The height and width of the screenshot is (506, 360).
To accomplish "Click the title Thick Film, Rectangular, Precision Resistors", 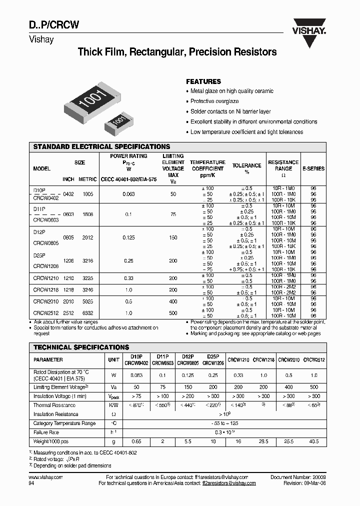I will [177, 52].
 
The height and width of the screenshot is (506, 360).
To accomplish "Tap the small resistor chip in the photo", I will [118, 122].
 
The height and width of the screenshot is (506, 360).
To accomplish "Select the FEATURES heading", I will [203, 81].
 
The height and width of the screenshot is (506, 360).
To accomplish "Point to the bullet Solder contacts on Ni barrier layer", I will [230, 111].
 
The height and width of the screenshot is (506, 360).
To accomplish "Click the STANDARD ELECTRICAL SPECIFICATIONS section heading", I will [101, 147].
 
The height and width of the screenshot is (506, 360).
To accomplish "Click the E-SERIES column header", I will [313, 169].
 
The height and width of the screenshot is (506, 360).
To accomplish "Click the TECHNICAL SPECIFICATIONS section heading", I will [81, 347].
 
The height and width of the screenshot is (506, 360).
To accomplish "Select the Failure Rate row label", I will [46, 432].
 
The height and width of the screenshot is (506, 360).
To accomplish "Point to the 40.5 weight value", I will [314, 441].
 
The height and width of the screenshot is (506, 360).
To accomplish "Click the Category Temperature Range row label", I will [64, 423].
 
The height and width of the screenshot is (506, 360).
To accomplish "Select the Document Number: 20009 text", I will [298, 477].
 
